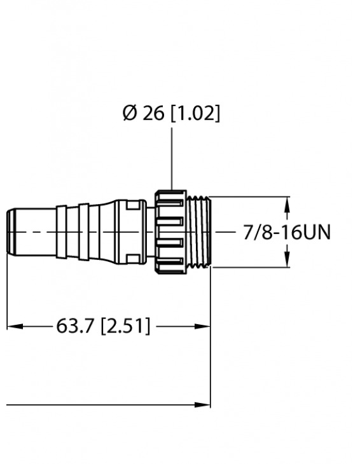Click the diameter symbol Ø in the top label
coord(129,114)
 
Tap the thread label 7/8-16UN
coord(287,233)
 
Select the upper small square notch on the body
coord(131,205)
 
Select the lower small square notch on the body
coord(131,259)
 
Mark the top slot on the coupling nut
coord(172,201)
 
